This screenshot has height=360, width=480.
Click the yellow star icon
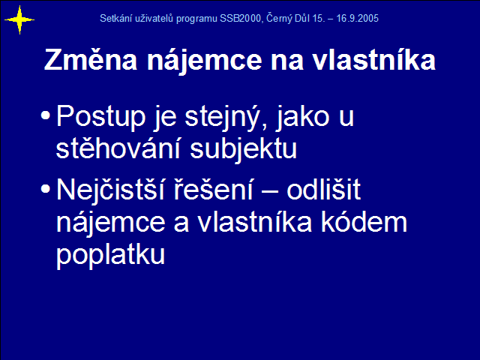click(19, 20)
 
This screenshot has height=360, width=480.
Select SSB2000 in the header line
click(240, 18)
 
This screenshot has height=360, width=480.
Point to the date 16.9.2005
click(357, 18)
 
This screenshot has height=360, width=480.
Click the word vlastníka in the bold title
click(373, 60)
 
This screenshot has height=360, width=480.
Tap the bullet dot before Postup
click(45, 115)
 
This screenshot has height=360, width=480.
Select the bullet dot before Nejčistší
click(45, 188)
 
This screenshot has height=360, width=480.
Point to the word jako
click(303, 118)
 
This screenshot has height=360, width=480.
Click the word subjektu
click(243, 149)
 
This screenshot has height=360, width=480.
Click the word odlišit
click(323, 189)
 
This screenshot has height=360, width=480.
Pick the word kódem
click(364, 222)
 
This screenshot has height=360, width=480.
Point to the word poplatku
click(110, 255)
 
